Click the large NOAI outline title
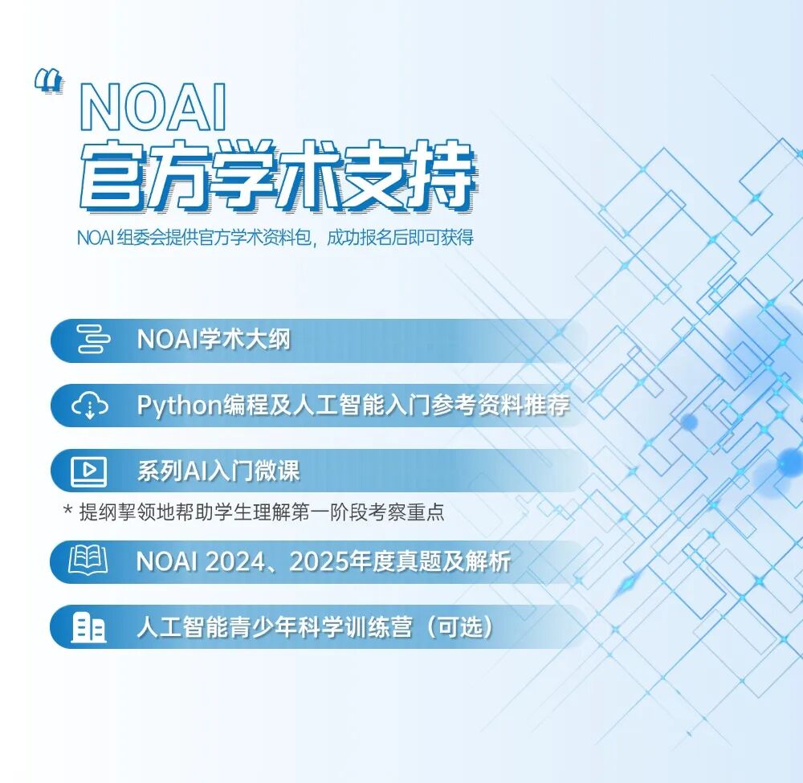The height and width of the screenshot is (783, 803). [x=153, y=109]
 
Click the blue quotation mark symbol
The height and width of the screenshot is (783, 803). [x=49, y=81]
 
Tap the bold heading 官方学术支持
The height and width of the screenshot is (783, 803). [x=277, y=177]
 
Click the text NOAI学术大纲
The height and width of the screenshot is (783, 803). [x=213, y=340]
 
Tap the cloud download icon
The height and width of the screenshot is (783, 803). [x=89, y=406]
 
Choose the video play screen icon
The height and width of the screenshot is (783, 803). [x=89, y=471]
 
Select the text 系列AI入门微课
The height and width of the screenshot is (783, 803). [x=218, y=471]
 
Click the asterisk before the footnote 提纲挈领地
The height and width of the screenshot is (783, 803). [x=67, y=511]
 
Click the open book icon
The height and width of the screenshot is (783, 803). [x=89, y=561]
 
